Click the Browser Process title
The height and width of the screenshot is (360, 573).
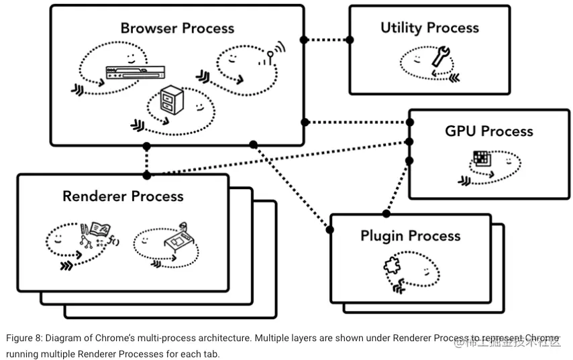coord(177,28)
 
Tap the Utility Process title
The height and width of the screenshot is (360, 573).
coord(429,27)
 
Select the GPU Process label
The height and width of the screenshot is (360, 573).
coord(489,131)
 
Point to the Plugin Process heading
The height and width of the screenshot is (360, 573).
coord(410,236)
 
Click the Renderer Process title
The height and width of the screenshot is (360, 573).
coord(123,196)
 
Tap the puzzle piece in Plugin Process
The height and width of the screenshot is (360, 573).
coord(391,266)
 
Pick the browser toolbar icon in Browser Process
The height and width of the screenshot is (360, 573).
coord(135,72)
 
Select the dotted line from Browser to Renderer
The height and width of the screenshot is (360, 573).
coord(147,160)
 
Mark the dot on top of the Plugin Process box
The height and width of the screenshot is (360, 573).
coord(386,214)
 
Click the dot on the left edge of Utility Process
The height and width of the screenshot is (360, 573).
coord(350,40)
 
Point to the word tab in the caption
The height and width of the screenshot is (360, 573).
coord(212,353)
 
